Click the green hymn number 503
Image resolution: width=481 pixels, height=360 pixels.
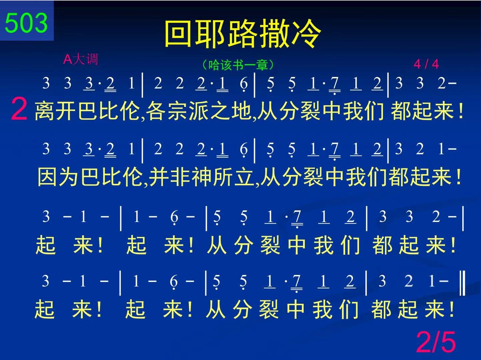coord(26,23)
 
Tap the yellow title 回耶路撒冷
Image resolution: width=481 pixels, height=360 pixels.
coord(243,33)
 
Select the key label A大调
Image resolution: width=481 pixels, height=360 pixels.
coord(80,59)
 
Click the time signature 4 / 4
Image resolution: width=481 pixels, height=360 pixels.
coord(426,64)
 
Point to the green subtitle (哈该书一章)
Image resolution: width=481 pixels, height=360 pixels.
coord(238,65)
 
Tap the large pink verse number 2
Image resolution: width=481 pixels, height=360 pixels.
coord(19,109)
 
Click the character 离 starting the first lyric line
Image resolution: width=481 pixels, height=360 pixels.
coord(44,111)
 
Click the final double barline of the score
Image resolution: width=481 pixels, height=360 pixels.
coord(462,283)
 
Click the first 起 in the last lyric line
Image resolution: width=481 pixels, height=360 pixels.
coord(44,309)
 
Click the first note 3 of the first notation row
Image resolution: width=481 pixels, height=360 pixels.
coord(46,83)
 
